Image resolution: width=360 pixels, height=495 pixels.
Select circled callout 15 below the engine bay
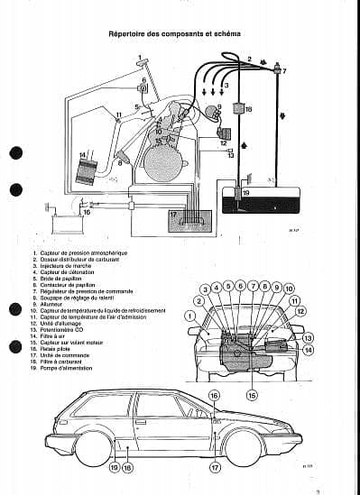tap(251, 394)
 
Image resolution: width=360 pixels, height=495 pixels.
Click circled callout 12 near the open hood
tap(300, 311)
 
